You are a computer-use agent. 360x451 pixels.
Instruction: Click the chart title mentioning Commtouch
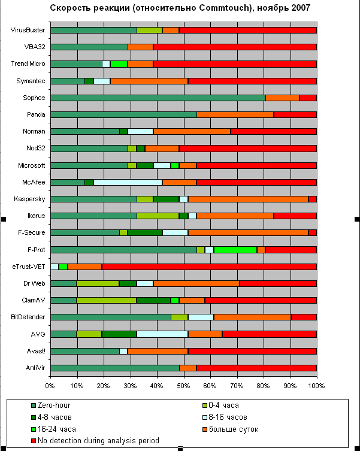pos(180,8)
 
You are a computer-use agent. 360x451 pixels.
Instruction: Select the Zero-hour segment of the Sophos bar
pos(158,98)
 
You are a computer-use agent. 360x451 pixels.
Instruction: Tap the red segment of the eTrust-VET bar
pos(209,267)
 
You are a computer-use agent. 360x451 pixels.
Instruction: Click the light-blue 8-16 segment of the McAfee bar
pos(128,182)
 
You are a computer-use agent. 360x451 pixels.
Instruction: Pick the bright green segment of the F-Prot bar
pos(235,250)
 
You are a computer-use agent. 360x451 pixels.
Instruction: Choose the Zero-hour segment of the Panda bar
pos(123,114)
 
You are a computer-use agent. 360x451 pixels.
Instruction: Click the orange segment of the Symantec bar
pos(149,81)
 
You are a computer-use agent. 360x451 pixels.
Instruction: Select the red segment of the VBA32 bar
pos(235,47)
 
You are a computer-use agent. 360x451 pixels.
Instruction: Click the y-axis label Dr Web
pos(35,283)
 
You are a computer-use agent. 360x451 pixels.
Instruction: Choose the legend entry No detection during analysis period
pos(99,440)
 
